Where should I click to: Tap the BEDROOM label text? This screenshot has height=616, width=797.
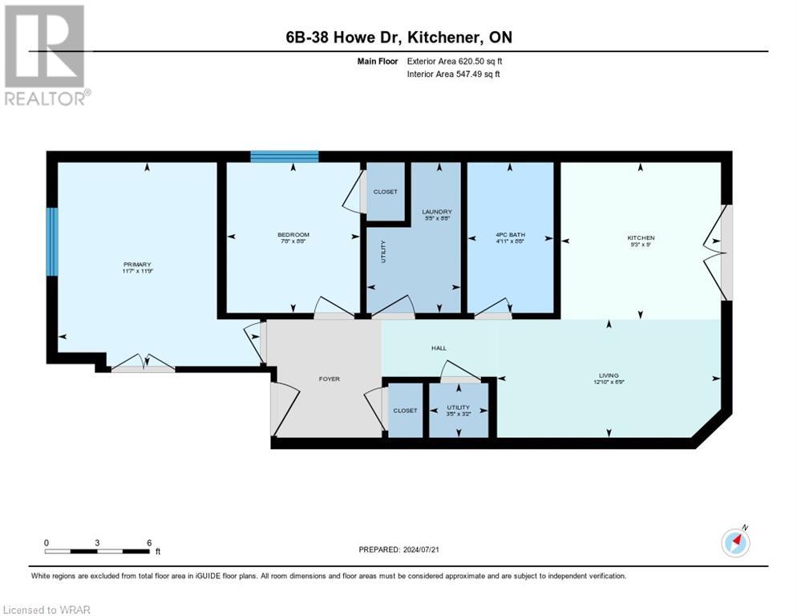(x=293, y=235)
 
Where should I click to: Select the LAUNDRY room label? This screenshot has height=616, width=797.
(x=437, y=212)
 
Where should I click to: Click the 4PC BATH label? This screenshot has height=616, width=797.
(x=510, y=235)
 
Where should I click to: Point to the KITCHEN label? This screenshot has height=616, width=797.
(x=641, y=237)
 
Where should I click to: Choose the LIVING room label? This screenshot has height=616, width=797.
(x=609, y=375)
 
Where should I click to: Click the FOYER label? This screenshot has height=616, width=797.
(x=330, y=379)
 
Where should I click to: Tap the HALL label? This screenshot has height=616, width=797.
(x=439, y=348)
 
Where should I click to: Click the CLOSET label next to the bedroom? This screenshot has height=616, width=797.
(x=386, y=192)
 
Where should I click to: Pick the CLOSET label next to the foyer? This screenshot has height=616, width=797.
(x=405, y=410)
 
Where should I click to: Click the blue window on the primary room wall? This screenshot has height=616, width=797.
(x=52, y=242)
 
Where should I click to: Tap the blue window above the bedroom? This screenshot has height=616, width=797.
(x=284, y=156)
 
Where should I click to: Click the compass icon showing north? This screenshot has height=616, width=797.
(x=734, y=543)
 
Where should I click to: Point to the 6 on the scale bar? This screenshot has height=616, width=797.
(x=149, y=543)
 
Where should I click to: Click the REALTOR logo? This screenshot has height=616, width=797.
(x=46, y=55)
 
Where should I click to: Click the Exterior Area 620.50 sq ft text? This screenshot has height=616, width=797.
(x=457, y=61)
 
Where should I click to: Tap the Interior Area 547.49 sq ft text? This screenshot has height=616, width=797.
(x=456, y=75)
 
